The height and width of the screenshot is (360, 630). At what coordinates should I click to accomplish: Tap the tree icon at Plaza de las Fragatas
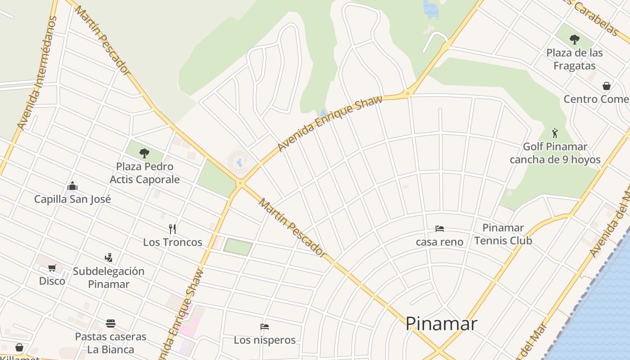click(574, 40)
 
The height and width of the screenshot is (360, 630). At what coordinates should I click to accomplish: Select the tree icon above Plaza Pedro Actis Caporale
click(144, 153)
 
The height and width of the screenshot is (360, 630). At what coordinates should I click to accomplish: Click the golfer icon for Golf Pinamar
click(555, 133)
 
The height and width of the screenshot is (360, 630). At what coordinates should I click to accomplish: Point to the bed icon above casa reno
click(440, 229)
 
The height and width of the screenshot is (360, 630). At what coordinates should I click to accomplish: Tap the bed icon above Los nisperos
click(265, 326)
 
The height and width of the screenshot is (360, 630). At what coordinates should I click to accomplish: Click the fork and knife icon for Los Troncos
click(172, 229)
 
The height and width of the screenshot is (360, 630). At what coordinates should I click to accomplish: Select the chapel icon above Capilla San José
click(72, 186)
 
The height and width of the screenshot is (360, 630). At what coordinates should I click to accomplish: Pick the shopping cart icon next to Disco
click(52, 268)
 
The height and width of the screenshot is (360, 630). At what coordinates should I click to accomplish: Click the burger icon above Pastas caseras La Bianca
click(111, 324)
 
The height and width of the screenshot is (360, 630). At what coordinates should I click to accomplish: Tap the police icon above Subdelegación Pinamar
click(108, 258)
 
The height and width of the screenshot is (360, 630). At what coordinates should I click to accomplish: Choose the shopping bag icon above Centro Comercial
click(607, 86)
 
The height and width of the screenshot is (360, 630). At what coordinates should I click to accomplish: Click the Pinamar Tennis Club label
click(503, 234)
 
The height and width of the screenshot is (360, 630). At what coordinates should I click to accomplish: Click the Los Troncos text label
click(172, 242)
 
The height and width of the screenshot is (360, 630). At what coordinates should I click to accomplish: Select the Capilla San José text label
click(72, 199)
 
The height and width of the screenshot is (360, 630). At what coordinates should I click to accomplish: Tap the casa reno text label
click(439, 242)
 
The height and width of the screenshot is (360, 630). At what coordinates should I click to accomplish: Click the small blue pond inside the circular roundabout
click(239, 162)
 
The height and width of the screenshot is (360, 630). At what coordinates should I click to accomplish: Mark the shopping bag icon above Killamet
click(19, 347)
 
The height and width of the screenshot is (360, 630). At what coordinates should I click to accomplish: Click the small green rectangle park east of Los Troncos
click(238, 247)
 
